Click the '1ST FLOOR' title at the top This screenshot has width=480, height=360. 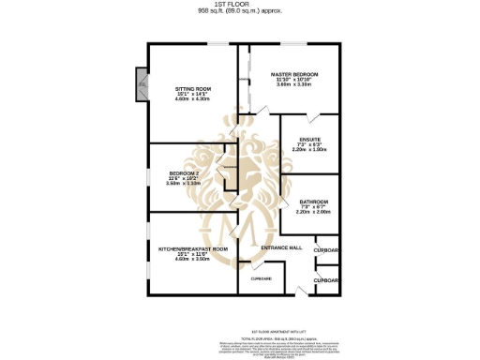tap(239, 5)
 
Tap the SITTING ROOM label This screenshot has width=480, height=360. tap(196, 88)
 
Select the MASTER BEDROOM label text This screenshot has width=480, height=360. tap(293, 73)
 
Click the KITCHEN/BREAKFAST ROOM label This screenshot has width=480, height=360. tap(193, 248)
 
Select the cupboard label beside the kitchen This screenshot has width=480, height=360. tap(260, 278)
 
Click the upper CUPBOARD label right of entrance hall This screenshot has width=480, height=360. tap(326, 251)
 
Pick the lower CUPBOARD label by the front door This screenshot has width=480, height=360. tap(326, 279)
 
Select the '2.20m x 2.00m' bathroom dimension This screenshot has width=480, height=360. tap(313, 212)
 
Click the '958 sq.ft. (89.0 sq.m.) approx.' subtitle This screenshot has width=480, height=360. tap(239, 11)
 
